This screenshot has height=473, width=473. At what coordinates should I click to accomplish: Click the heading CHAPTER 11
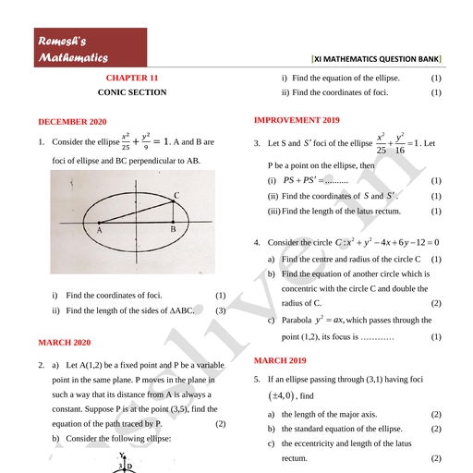[x=132, y=79]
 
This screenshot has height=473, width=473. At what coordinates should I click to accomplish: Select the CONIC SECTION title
[x=132, y=92]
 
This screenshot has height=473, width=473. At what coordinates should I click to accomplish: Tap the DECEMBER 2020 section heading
[x=73, y=122]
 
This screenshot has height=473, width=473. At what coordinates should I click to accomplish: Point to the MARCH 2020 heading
[x=65, y=342]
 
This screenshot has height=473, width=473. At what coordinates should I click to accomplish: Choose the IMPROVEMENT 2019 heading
[x=297, y=120]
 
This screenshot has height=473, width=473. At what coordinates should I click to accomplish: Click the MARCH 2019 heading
[x=280, y=360]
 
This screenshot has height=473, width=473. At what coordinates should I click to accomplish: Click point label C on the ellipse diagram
[x=176, y=195]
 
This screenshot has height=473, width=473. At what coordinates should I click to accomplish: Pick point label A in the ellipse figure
[x=98, y=228]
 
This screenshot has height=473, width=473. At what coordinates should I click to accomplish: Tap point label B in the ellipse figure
[x=173, y=228]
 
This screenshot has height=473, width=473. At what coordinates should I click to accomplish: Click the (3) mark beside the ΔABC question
[x=221, y=311]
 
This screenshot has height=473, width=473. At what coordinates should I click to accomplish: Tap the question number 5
[x=257, y=380]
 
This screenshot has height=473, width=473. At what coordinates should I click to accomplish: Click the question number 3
[x=257, y=143]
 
